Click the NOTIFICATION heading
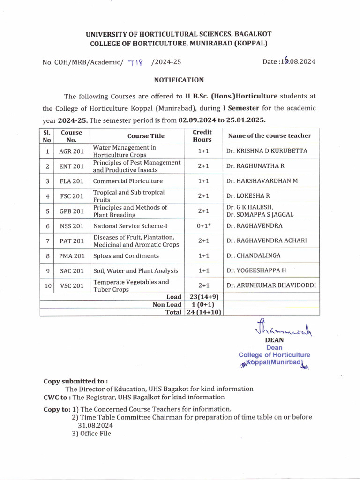(179, 80)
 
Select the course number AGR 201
(71, 151)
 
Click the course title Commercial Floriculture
(128, 181)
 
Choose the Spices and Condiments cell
(126, 256)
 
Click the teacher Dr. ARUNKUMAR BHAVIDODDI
(271, 285)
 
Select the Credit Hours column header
(202, 135)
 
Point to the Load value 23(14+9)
(202, 297)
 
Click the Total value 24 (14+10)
(202, 312)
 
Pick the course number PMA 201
(72, 256)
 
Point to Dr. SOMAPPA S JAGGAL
(261, 215)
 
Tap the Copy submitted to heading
(75, 381)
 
